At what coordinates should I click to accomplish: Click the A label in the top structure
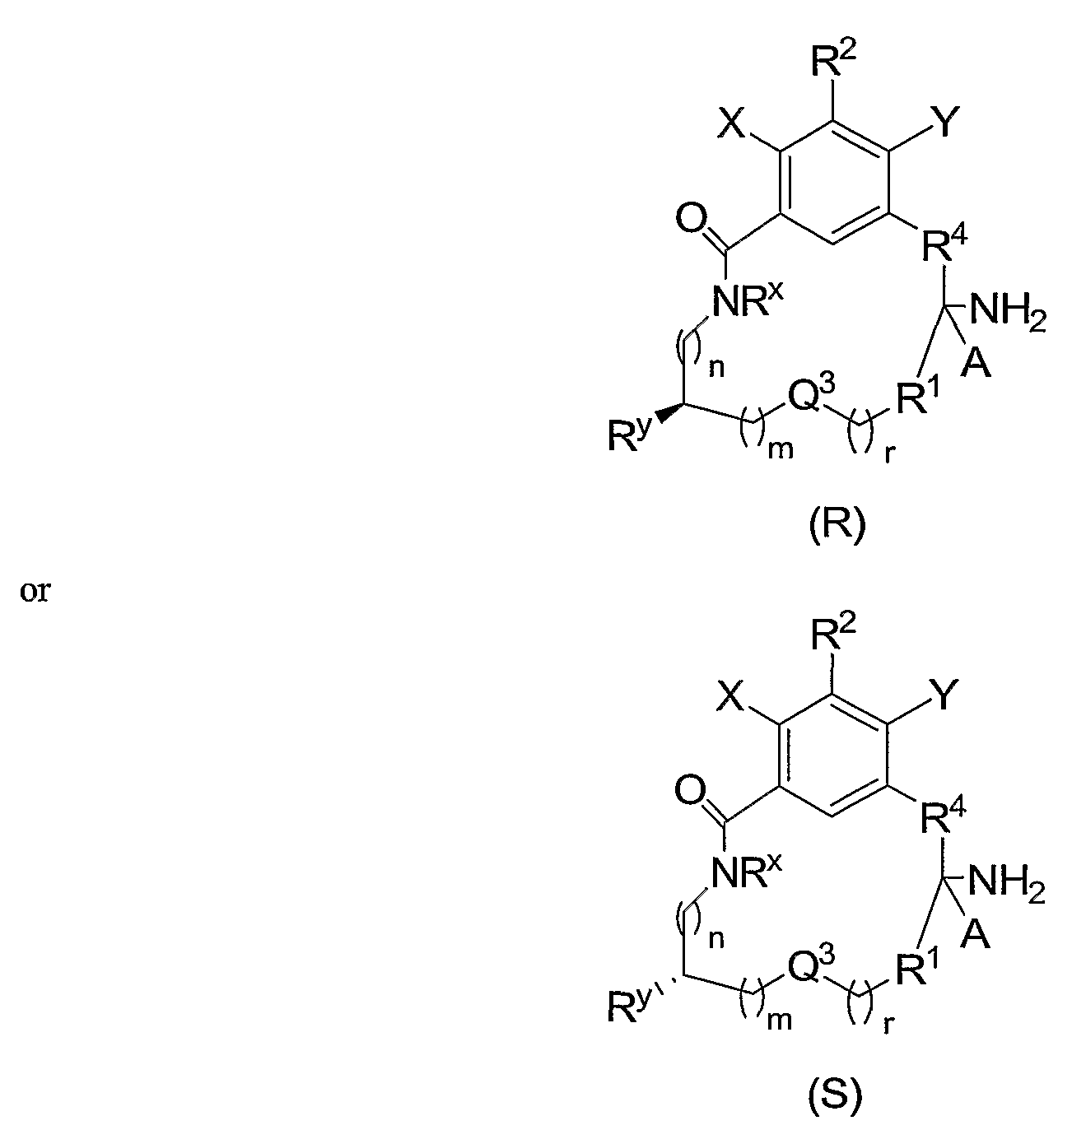click(976, 364)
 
